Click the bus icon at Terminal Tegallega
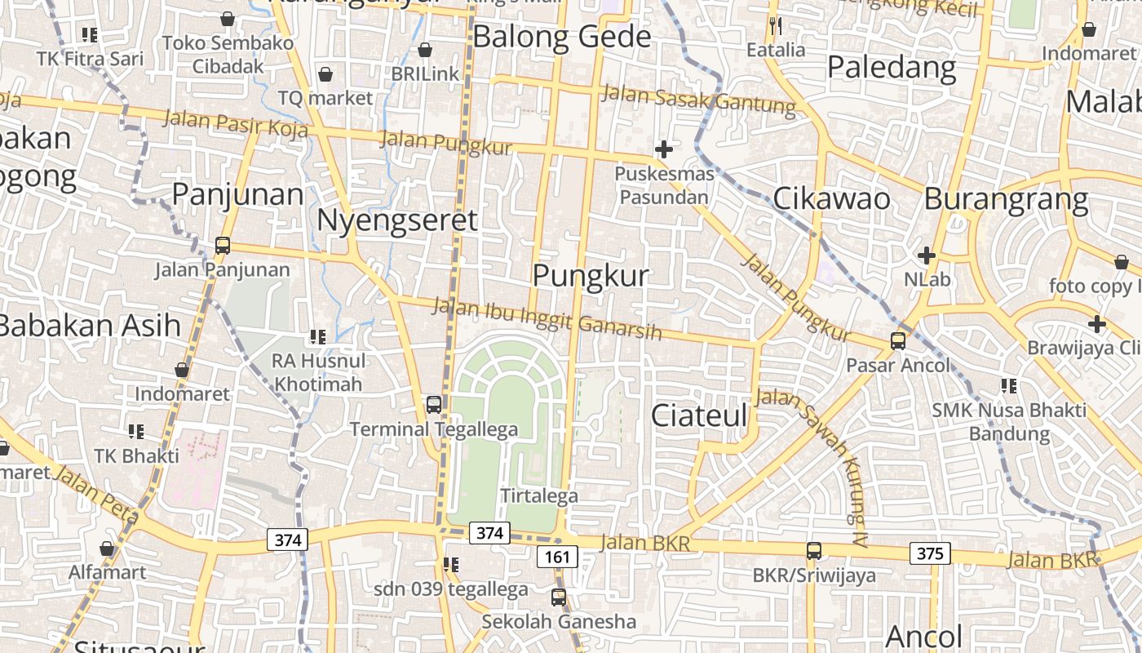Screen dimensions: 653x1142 [x=433, y=404]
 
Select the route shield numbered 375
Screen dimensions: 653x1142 [x=930, y=553]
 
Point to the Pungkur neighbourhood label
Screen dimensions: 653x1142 [x=591, y=276]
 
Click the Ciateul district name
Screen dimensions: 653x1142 [x=699, y=415]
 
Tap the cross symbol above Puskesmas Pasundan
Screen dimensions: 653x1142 [x=664, y=149]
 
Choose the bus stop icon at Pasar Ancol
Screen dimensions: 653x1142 [x=898, y=341]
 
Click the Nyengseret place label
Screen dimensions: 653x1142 [x=396, y=220]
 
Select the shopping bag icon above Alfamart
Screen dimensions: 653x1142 [x=107, y=549]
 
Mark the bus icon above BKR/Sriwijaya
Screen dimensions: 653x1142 [x=813, y=551]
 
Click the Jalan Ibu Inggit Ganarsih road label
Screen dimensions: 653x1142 [x=547, y=318]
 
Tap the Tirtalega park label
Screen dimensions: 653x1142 [x=538, y=495]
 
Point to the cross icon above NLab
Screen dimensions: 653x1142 [x=926, y=255]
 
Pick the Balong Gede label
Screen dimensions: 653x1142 [x=562, y=37]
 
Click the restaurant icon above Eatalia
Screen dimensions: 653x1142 [x=775, y=26]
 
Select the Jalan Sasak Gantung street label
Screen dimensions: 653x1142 [x=697, y=100]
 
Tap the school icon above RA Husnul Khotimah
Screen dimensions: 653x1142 [x=318, y=336]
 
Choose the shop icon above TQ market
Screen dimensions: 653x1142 [x=325, y=75]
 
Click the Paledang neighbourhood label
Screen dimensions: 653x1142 [x=892, y=67]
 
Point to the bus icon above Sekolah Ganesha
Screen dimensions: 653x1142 [x=558, y=597]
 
